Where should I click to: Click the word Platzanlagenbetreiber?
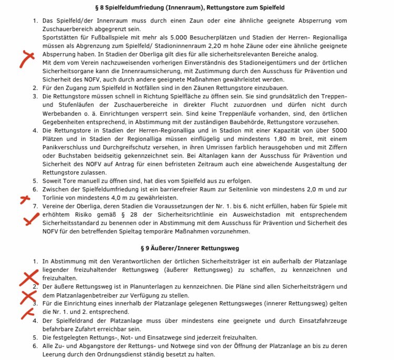pyautogui.click(x=90, y=295)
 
